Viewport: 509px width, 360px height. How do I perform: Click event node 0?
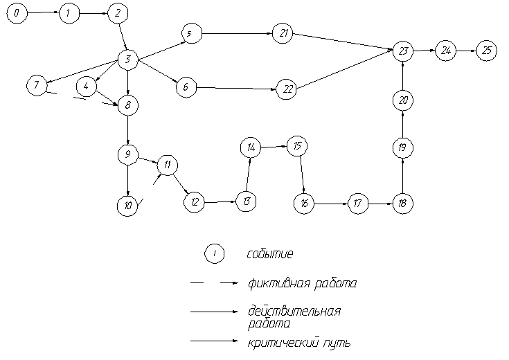click(17, 13)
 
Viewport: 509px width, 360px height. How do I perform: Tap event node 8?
click(128, 105)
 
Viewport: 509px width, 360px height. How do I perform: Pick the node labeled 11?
click(168, 165)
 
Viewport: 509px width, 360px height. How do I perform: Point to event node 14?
click(250, 147)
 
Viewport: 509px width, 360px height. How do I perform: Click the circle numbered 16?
click(303, 204)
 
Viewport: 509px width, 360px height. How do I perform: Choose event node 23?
click(403, 51)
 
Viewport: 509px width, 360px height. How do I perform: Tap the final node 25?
click(487, 51)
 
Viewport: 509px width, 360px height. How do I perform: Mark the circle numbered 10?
click(127, 206)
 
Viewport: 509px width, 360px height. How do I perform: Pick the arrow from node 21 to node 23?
click(343, 41)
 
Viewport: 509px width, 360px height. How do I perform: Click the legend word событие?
click(270, 254)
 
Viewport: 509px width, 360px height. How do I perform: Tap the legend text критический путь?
click(298, 341)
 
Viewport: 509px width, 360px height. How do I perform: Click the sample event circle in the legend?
click(215, 254)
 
